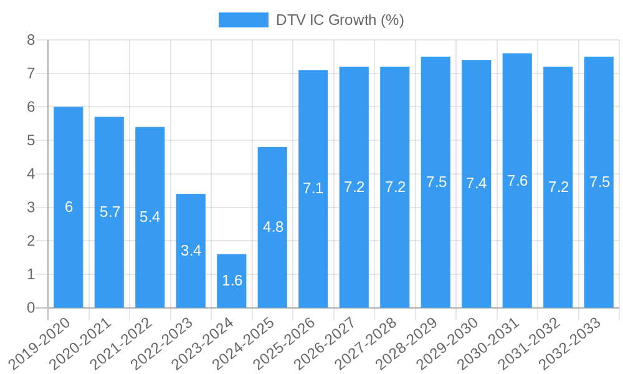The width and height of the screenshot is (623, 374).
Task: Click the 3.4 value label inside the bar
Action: (191, 251)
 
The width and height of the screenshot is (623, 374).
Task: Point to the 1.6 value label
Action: (232, 280)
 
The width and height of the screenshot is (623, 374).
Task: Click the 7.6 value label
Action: (517, 181)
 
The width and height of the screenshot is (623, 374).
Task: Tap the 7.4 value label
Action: (477, 183)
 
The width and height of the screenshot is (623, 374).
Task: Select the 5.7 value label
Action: (110, 212)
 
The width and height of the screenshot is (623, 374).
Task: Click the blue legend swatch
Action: (243, 20)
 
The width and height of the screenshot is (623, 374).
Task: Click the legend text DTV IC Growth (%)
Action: (340, 20)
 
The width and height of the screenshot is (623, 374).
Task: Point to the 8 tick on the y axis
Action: (31, 41)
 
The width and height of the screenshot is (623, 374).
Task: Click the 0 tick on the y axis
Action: (31, 308)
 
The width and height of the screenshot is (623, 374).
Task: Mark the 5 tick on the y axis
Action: (31, 141)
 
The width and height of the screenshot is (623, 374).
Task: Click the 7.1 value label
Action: (313, 188)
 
